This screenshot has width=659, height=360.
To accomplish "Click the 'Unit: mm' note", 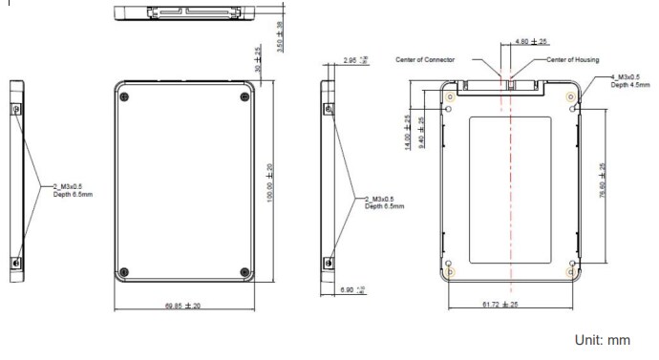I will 602,340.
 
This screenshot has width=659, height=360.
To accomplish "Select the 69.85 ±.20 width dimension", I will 185,306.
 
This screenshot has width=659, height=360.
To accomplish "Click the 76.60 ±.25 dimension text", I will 601,180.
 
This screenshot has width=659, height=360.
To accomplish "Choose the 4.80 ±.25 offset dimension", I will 531,42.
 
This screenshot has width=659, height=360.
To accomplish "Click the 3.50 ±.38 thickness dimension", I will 279,36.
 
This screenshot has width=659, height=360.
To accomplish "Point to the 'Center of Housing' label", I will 572,59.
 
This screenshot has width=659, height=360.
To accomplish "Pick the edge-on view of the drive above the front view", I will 184,13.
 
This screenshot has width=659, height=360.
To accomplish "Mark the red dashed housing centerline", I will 511,191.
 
